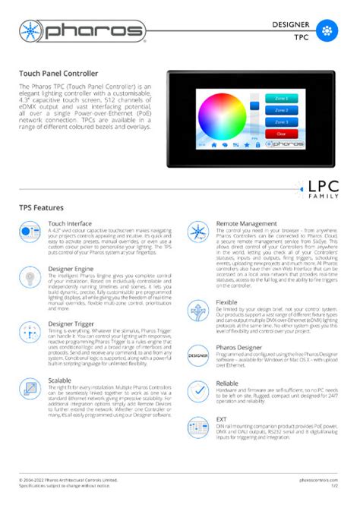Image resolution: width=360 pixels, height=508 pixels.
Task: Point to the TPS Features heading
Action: coord(41,207)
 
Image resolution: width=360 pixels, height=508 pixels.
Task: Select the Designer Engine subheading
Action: coord(71,269)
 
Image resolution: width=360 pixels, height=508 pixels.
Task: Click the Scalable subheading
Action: coord(59,380)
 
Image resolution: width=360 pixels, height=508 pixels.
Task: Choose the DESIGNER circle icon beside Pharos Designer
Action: coord(198,355)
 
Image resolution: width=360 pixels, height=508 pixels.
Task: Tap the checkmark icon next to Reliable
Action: coord(198,390)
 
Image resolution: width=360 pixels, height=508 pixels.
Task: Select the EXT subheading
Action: coord(221,418)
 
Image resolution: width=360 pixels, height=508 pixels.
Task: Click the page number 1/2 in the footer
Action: coord(333,487)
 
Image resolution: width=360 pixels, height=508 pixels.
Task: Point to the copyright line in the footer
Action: coord(68,481)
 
